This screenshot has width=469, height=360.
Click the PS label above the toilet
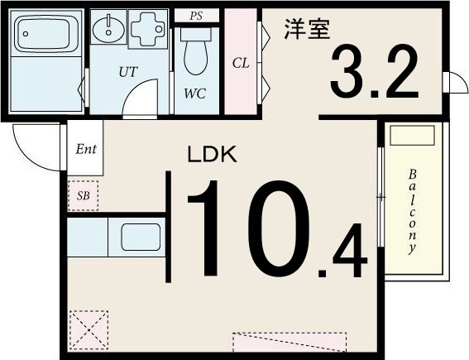(x=196, y=16)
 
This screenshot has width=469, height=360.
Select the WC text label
(x=194, y=93)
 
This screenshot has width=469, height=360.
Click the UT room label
(x=127, y=72)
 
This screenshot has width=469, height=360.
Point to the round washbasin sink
(x=105, y=31)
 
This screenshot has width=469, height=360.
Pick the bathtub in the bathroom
(x=46, y=35)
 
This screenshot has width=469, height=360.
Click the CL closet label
(x=240, y=63)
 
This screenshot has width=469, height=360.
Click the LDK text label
(x=212, y=154)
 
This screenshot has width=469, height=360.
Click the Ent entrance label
(x=86, y=150)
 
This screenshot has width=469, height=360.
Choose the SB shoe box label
(x=83, y=196)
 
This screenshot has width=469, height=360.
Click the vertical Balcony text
(x=411, y=212)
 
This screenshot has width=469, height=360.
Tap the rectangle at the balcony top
(x=411, y=137)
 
